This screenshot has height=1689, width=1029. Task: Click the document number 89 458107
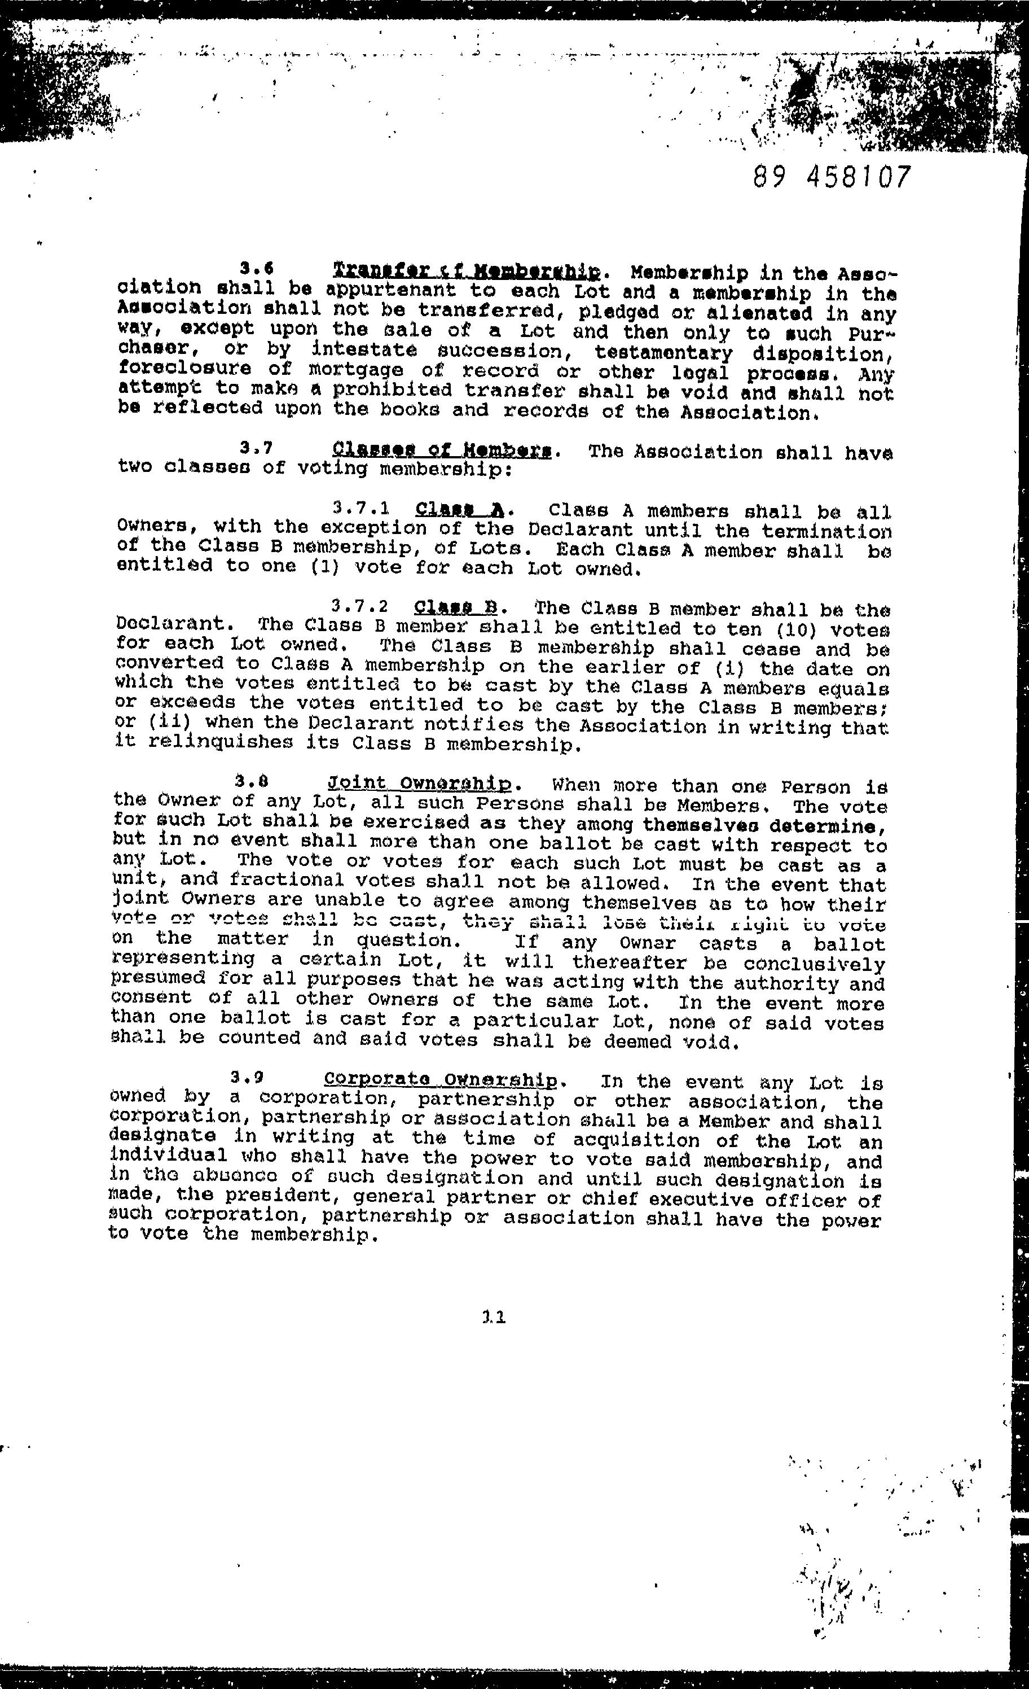[x=832, y=177]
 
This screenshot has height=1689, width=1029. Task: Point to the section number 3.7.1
[x=361, y=509]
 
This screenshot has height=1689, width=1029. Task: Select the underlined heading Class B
[x=456, y=607]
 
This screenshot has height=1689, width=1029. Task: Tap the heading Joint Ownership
[x=420, y=784]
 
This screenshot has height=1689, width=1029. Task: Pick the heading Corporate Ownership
[x=441, y=1079]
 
